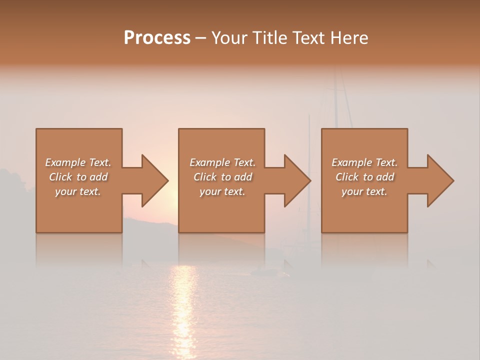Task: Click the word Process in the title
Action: pos(157,38)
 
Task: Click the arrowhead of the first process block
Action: pos(155,180)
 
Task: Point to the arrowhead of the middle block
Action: pos(297,180)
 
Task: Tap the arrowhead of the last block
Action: pos(440,180)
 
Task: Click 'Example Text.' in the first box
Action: pos(78,162)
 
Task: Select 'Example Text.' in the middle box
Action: pos(222,162)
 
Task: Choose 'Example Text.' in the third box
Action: pos(364,162)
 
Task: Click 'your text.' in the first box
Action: pos(78,191)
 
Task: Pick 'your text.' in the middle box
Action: pos(222,191)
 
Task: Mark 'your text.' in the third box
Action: pos(364,191)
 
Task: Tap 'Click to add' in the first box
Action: pos(78,177)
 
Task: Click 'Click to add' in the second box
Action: pos(222,177)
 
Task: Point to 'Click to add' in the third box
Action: pos(364,177)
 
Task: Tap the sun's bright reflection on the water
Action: pos(183,300)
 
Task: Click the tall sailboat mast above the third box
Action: pos(335,100)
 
